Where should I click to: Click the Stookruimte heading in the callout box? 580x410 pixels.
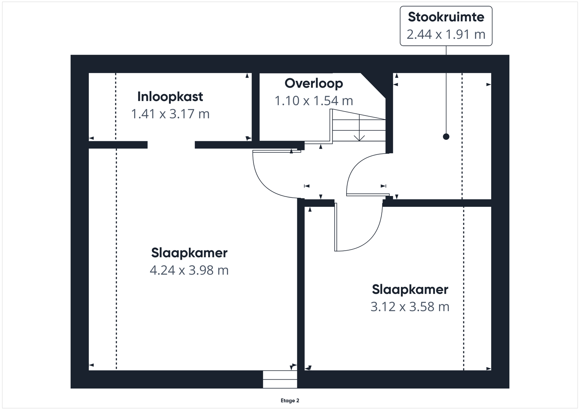point(446,17)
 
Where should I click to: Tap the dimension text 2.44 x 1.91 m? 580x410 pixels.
point(446,34)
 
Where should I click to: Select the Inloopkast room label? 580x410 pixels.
point(170,97)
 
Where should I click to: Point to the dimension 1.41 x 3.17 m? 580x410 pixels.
point(170,114)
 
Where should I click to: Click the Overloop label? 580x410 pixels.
point(314,84)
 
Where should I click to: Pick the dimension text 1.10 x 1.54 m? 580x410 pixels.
point(314,101)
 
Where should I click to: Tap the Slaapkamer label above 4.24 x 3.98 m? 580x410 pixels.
point(189,253)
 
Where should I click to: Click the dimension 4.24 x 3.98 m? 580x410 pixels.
point(189,270)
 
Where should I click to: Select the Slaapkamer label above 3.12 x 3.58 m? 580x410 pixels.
point(410,289)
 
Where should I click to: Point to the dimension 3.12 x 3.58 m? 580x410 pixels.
point(410,307)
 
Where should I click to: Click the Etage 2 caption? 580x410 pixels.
point(290,401)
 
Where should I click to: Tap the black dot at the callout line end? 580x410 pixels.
point(446,137)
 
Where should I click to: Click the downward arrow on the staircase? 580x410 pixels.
point(359,128)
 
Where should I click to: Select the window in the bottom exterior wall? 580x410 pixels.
point(280,379)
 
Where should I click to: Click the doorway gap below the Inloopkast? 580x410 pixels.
point(171,145)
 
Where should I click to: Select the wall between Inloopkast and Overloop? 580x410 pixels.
point(256,107)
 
